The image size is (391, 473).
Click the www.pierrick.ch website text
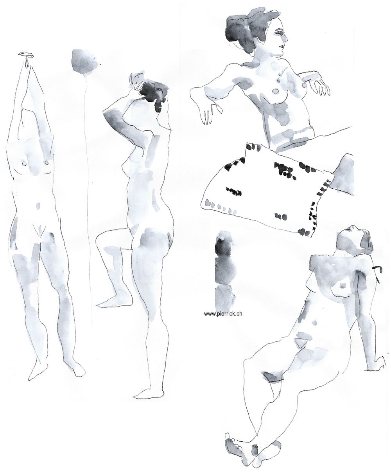[x=223, y=314]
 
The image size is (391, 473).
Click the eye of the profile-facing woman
[x=280, y=33]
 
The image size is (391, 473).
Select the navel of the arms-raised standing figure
[x=38, y=206]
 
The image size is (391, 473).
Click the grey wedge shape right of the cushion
[x=343, y=174]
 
